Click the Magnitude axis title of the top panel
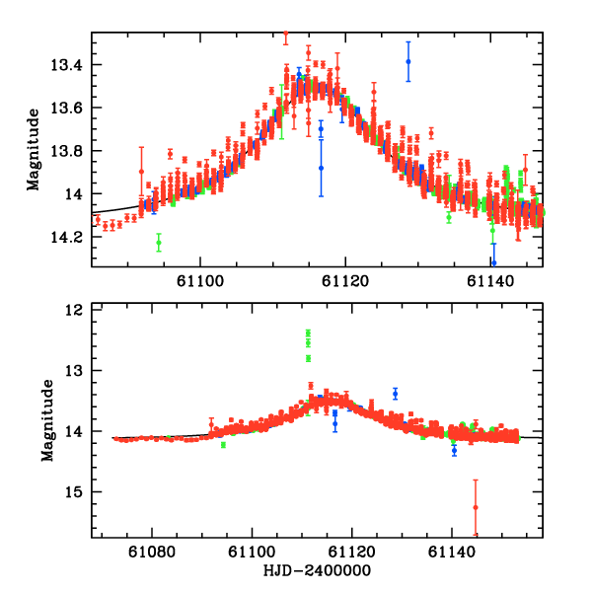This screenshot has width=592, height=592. coord(33,149)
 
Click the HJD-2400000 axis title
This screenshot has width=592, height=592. coord(317,571)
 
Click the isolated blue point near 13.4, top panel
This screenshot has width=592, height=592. coord(407,61)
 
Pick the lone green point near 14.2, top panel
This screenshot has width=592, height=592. coord(159,242)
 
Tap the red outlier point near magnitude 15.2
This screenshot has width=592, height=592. coord(476,507)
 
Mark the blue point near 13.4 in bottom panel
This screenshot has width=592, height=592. coord(395,393)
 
